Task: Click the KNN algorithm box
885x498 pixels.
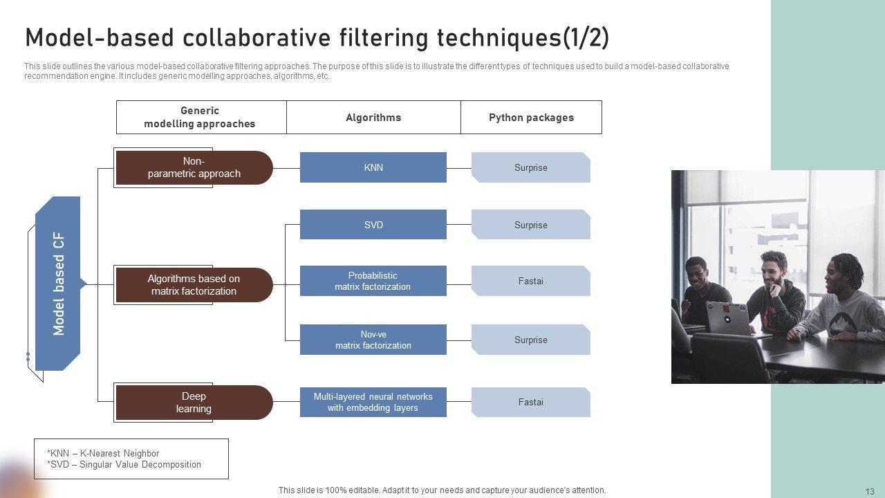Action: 373,167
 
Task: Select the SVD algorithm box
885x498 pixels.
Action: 373,225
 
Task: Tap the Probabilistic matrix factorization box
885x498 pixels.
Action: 373,281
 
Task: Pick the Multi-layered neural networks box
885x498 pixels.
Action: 373,402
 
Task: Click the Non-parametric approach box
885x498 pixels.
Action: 194,167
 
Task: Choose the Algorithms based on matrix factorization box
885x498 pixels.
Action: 194,285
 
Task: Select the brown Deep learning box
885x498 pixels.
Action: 194,403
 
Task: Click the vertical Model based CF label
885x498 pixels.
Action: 59,284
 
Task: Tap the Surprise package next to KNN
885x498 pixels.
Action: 530,167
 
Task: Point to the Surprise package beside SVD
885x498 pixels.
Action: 530,225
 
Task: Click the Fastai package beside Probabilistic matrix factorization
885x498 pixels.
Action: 530,281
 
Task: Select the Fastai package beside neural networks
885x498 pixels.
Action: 530,402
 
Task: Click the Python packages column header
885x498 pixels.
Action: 531,118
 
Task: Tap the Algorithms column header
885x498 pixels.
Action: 373,118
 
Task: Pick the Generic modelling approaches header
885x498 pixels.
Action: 200,117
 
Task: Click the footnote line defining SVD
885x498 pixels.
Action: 124,465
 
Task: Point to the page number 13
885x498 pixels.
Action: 870,491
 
